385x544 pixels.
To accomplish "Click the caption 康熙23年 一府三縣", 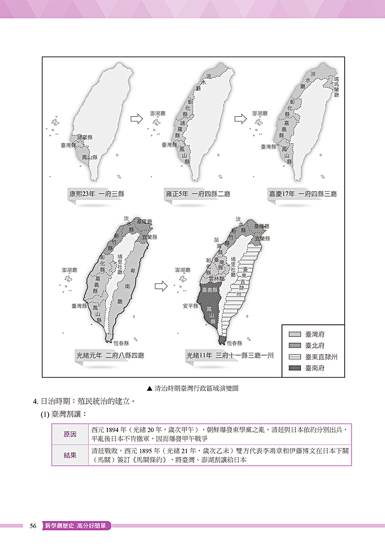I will point(97,195).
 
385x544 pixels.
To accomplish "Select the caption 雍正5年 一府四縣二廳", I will point(198,195).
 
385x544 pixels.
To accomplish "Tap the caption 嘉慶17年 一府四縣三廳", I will point(303,195).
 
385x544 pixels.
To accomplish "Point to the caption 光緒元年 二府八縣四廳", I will point(110,357).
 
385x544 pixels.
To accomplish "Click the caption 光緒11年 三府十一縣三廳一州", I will point(230,357).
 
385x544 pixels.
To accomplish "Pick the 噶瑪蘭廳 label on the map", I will point(336,85).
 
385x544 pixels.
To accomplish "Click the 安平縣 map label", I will point(191,305).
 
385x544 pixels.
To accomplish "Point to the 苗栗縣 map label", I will point(220,246).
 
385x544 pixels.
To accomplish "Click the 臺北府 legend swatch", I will point(294,345).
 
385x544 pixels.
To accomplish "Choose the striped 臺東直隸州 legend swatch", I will point(294,357).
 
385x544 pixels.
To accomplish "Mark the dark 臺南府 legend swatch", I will point(294,368).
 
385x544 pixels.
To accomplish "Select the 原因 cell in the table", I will point(70,434).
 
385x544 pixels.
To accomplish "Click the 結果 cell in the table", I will point(70,455).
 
